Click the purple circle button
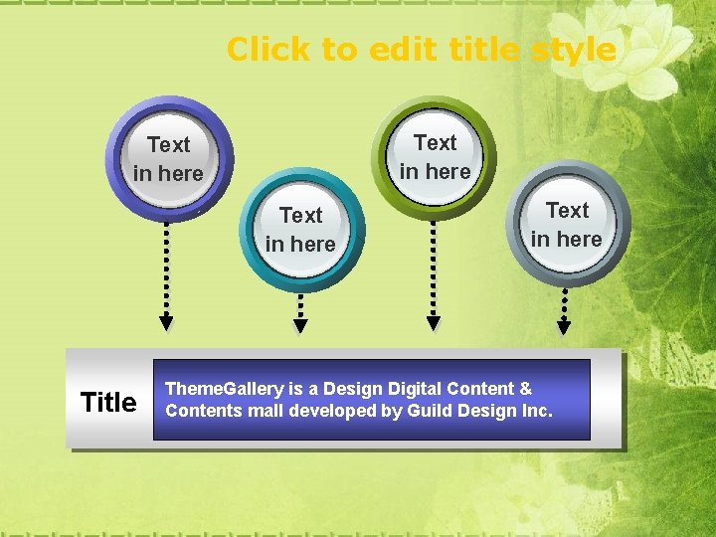point(168,159)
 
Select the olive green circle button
point(435,157)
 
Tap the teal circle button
point(301,229)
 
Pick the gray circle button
point(567,225)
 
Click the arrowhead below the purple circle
point(167,322)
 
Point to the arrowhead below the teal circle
point(300,325)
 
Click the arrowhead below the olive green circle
point(433,322)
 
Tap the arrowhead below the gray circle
point(564,325)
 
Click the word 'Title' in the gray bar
point(108,402)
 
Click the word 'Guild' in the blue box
point(429,411)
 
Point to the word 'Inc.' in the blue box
point(536,411)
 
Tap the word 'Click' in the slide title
point(266,49)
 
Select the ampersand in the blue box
point(525,389)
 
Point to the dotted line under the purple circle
point(167,267)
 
